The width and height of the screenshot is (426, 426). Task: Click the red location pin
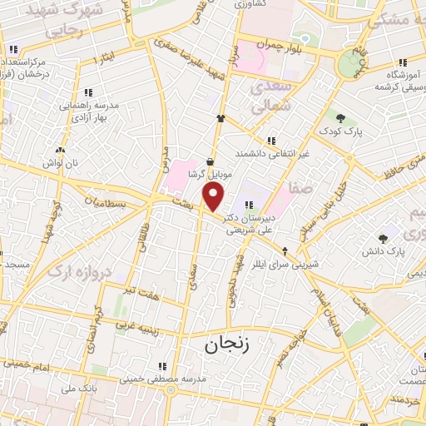click(214, 196)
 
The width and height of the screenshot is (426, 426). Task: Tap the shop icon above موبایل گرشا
click(208, 162)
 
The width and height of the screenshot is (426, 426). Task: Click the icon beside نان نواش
click(58, 151)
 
